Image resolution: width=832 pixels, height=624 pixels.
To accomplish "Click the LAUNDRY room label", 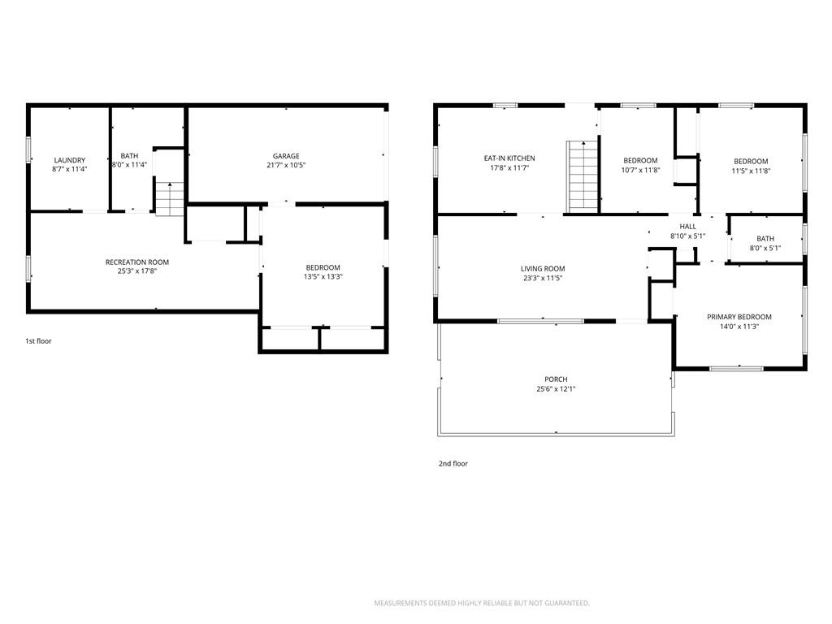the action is [x=70, y=160].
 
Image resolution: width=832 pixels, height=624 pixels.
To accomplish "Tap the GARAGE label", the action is [x=286, y=156].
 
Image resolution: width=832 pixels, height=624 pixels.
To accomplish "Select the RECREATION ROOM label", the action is [x=136, y=262].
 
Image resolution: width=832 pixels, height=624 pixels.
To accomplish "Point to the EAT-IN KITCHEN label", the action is [x=509, y=158].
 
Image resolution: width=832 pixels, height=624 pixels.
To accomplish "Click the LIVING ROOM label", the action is [x=543, y=268].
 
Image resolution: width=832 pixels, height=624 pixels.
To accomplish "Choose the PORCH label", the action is [x=556, y=379].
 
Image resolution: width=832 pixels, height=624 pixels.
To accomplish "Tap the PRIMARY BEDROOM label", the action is [x=739, y=317].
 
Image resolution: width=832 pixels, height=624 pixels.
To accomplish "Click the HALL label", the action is [x=687, y=227].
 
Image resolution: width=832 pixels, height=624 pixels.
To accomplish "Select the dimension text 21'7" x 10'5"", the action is [x=286, y=165].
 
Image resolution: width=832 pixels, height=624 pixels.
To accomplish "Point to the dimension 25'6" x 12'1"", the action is [x=556, y=389].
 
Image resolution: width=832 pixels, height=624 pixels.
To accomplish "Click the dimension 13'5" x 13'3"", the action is [x=323, y=276].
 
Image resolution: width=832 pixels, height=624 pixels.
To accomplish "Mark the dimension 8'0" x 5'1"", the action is [x=765, y=248].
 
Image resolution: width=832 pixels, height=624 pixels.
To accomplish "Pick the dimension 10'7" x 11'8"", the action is [x=640, y=171].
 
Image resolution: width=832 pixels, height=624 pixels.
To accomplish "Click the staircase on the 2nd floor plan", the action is [x=583, y=176].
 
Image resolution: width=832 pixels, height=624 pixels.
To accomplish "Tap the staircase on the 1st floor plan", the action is [x=170, y=199].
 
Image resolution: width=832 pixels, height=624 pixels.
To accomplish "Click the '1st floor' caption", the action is [x=39, y=341].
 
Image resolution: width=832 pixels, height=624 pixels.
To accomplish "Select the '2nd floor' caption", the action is [x=453, y=464].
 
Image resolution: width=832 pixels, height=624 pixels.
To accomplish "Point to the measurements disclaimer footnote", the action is [x=482, y=604].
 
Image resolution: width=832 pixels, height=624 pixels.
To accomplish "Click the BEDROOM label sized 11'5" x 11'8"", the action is [x=751, y=162].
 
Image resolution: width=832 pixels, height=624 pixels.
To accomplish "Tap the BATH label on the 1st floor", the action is [x=129, y=156].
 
